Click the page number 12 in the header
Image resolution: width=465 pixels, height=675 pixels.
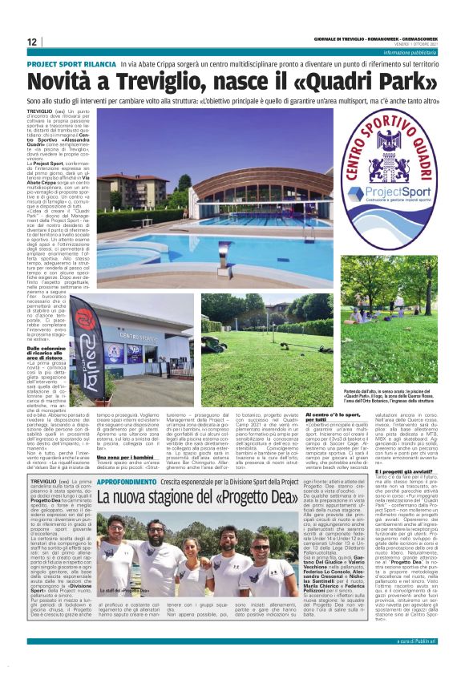[x=32, y=42]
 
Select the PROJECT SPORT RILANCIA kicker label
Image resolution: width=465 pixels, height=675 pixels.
[x=71, y=62]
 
